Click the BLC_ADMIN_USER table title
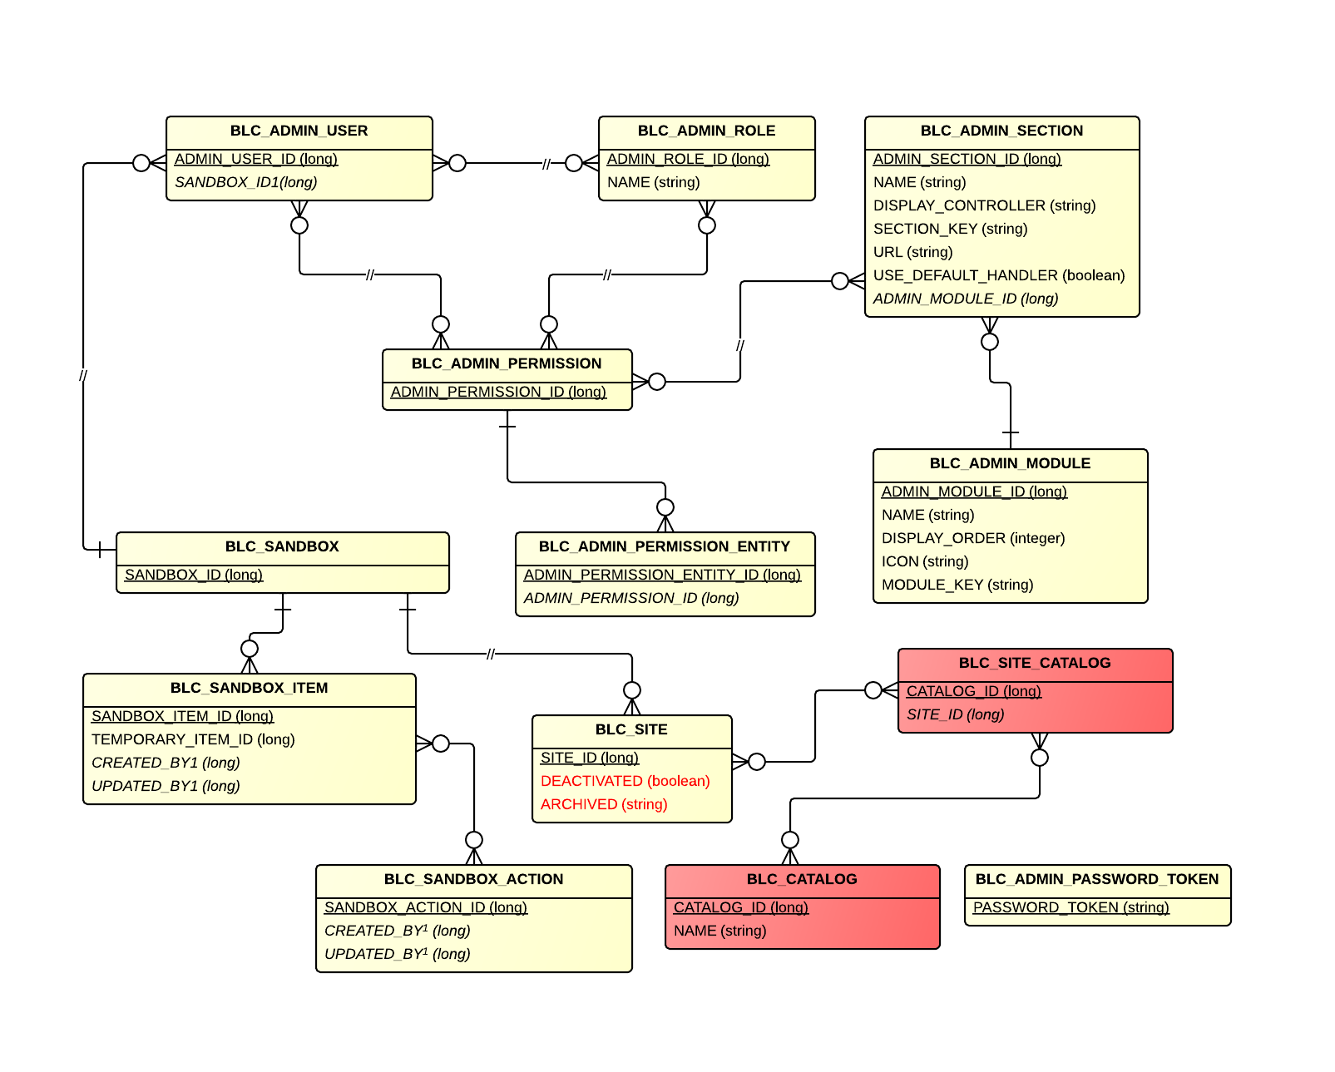pos(299,131)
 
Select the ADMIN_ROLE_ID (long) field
pos(688,159)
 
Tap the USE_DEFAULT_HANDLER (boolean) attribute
pos(998,275)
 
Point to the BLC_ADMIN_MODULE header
pos(1010,463)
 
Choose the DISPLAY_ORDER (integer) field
pos(972,538)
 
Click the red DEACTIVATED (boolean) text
pos(625,781)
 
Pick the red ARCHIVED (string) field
pos(604,804)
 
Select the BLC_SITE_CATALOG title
pos(1034,663)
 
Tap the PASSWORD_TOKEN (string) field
pos(1070,907)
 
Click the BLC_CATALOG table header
pos(801,879)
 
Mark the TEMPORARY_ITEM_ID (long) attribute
pos(193,739)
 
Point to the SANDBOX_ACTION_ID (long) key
pos(425,907)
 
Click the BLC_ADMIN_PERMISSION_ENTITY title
pos(664,546)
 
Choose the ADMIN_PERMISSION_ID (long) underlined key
pos(498,392)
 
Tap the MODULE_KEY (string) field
pos(957,585)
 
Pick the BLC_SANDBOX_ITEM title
pos(249,688)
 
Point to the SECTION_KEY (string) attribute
pos(950,229)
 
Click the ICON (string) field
pos(924,561)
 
